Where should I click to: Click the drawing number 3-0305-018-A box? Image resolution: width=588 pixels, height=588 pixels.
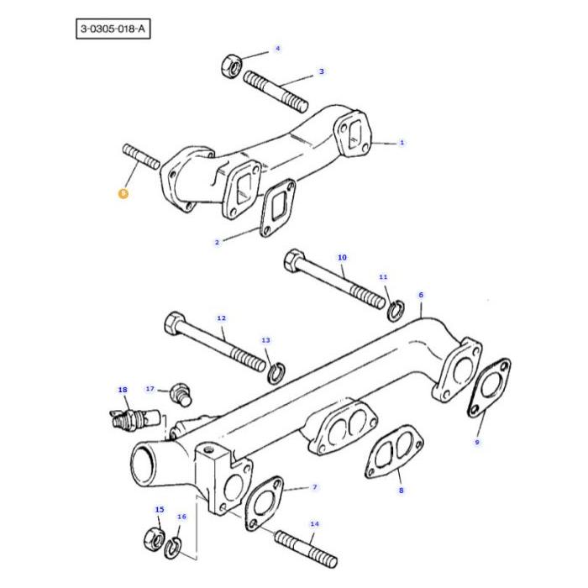pos(113,29)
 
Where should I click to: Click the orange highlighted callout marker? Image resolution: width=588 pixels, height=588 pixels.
pos(123,193)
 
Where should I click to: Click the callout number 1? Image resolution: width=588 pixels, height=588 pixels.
pos(402,143)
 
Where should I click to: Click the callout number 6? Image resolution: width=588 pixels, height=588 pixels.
pos(421,295)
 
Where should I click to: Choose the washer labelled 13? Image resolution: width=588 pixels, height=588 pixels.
pos(274,370)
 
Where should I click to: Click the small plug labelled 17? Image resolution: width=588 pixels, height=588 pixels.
pos(178,391)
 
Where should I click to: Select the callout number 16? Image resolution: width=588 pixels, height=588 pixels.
pos(181,517)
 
